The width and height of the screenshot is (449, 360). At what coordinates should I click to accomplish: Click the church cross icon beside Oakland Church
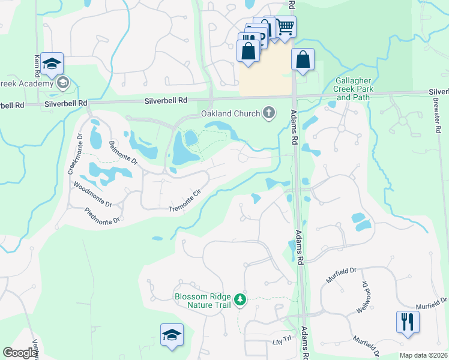point(269,113)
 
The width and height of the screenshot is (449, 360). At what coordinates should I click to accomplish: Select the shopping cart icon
point(285,26)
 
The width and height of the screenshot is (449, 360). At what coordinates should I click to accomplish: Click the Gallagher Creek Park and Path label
point(355,89)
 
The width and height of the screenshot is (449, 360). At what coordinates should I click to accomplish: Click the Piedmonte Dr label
point(103,215)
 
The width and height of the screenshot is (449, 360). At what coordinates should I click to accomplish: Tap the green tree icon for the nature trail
point(241,299)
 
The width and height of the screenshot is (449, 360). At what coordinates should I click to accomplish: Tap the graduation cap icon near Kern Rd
point(52,64)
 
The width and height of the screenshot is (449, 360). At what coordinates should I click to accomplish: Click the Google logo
point(19,353)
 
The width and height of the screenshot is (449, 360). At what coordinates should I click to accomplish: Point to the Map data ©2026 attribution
point(423,355)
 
